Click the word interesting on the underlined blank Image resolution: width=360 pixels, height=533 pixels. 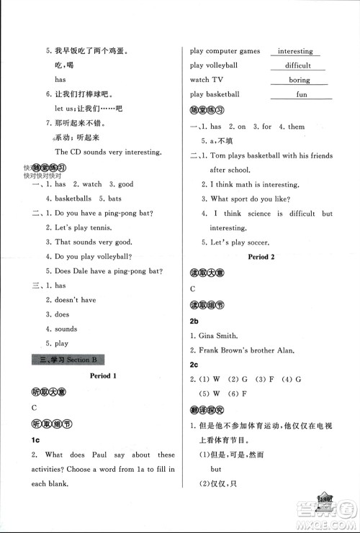pos(295,51)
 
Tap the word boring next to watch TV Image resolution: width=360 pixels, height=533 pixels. pos(299,80)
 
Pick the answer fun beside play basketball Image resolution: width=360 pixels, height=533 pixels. pos(302,94)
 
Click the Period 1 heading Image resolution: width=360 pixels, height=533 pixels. pos(106,376)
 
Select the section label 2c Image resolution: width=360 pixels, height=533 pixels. pos(194,364)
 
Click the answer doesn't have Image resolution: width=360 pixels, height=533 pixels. pos(76,300)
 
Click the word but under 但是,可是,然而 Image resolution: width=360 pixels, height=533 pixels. pos(215,467)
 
